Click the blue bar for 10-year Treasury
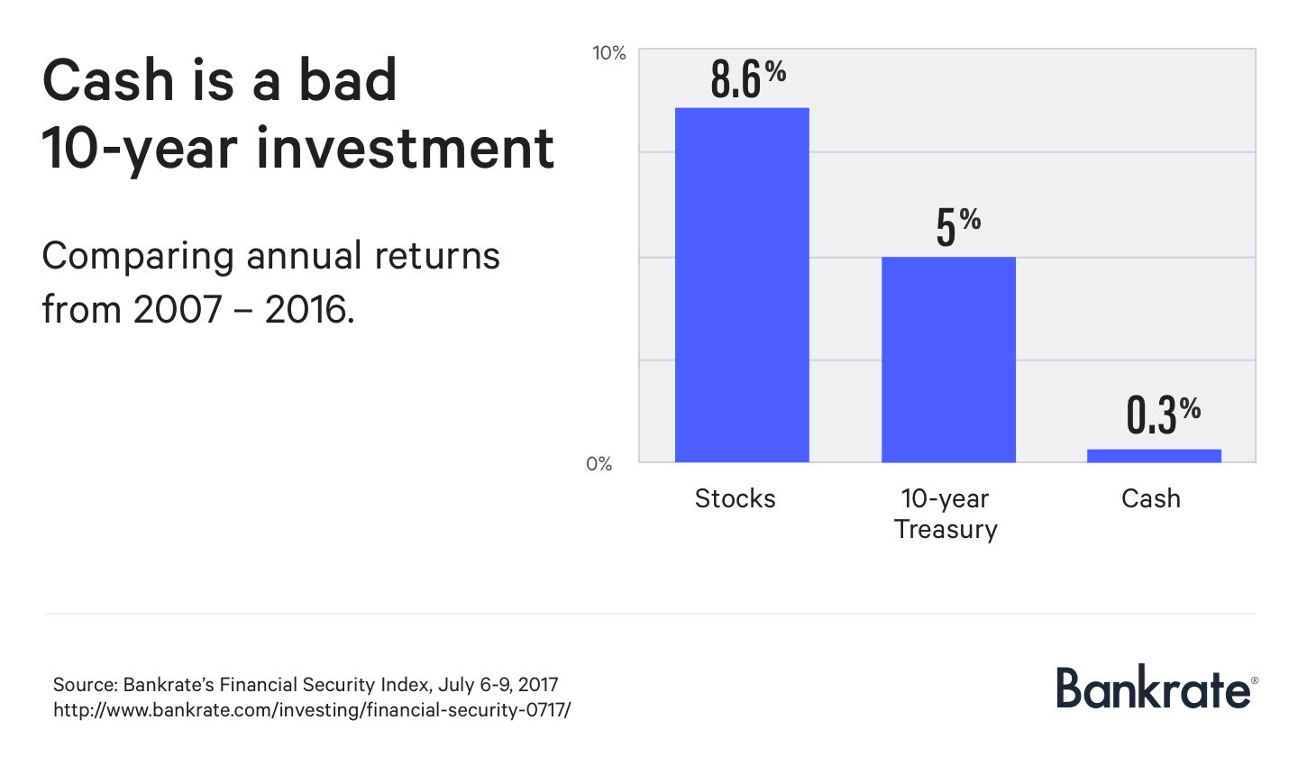(x=948, y=360)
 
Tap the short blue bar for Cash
(x=1154, y=456)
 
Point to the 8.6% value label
(x=747, y=78)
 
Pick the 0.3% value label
(x=1163, y=415)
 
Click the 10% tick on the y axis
(x=608, y=53)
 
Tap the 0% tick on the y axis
(x=599, y=464)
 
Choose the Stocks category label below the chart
(x=735, y=498)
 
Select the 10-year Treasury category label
(x=946, y=514)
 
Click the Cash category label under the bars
(x=1150, y=498)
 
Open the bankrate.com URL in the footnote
(x=312, y=710)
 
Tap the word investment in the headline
(x=406, y=148)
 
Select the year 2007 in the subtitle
(x=178, y=310)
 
